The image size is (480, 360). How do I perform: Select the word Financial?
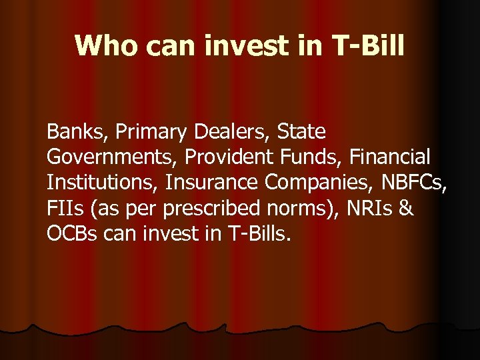[x=390, y=157]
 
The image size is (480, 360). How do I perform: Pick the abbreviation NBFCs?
[x=417, y=183]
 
